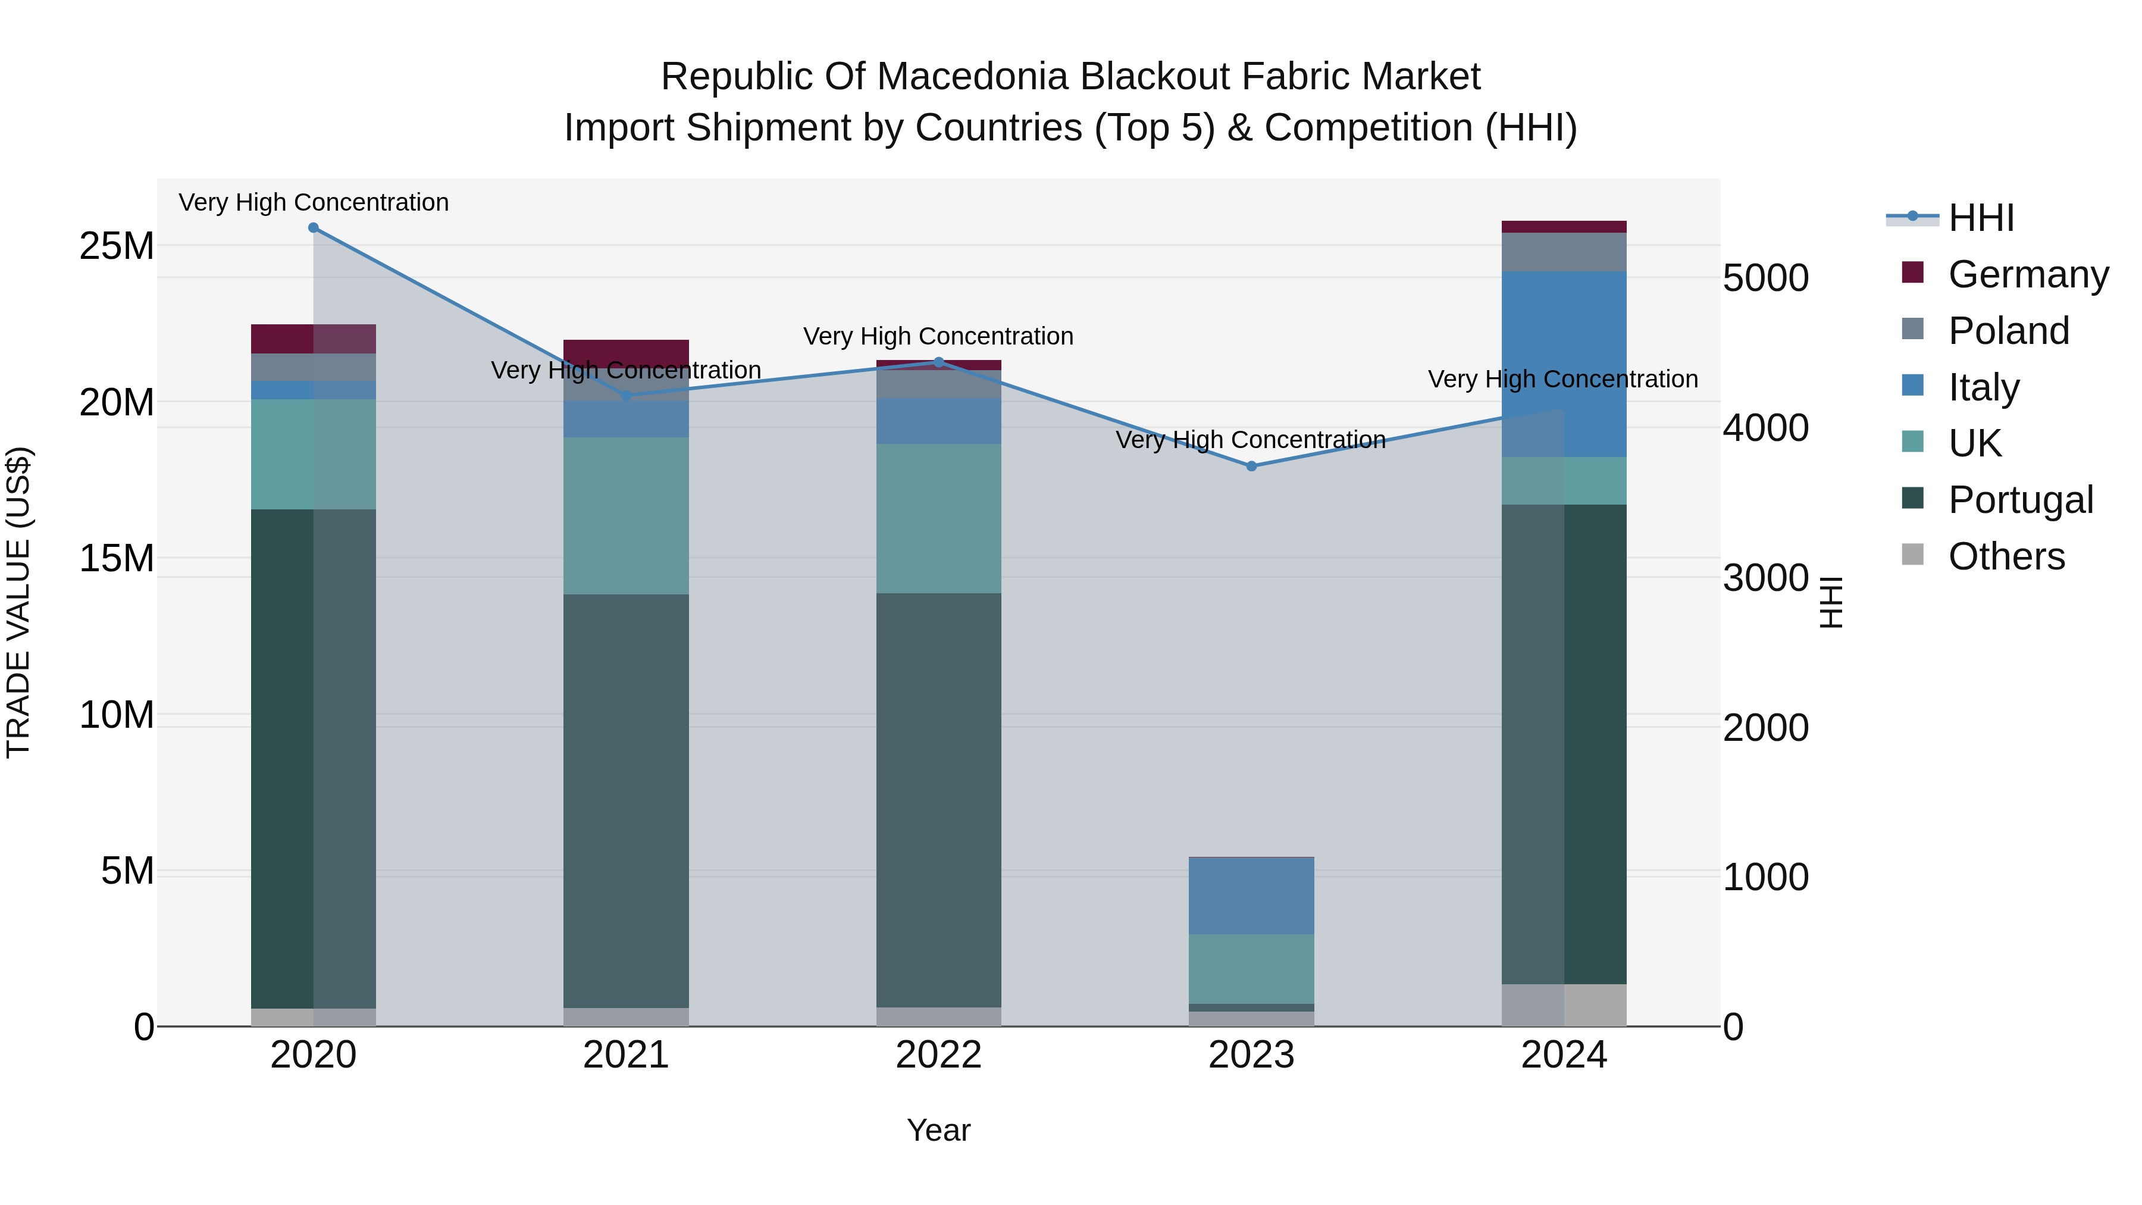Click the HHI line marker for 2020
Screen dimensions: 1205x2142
314,228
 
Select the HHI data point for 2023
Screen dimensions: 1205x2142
1251,467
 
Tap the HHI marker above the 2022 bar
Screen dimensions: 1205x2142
939,362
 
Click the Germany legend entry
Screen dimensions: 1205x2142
2028,274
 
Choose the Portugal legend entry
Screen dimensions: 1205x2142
2020,500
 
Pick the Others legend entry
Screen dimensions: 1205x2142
2006,556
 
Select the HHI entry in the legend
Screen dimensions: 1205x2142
1981,218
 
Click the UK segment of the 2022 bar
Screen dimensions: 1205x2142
939,518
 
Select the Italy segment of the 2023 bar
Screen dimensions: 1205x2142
1251,896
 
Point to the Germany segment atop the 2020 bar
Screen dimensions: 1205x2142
314,339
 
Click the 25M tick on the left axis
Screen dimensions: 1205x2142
117,246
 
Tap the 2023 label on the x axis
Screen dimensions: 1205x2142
1251,1055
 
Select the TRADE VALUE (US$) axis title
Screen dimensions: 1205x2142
18,602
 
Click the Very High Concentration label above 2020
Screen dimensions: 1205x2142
314,202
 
